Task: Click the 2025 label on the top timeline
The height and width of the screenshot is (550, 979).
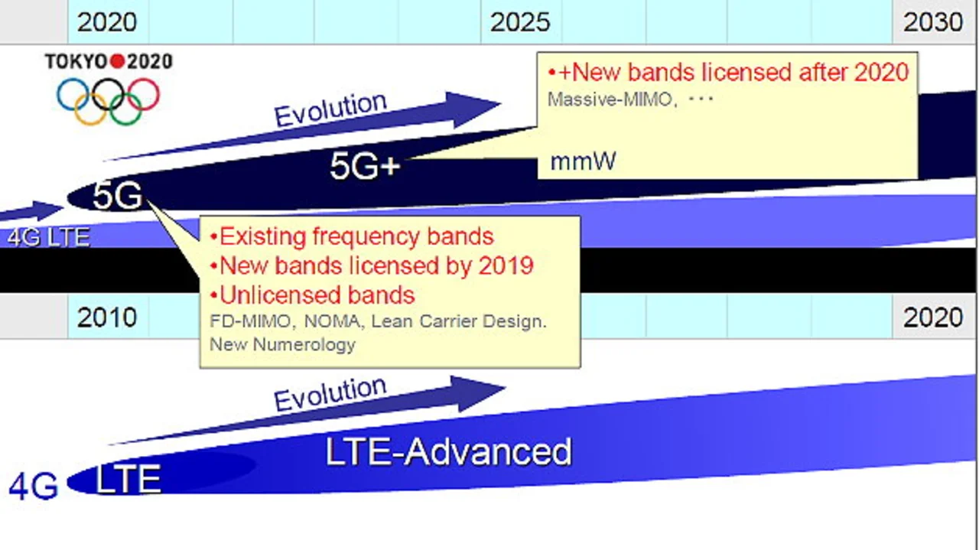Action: (x=519, y=22)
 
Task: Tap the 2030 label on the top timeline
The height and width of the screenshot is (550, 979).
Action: (x=932, y=22)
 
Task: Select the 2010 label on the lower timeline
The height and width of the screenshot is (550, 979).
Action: (x=106, y=317)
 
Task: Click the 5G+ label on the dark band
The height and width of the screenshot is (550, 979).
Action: (x=365, y=166)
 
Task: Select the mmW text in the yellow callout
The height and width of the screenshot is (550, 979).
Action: (x=583, y=161)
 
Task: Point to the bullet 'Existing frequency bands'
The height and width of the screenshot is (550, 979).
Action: (x=352, y=236)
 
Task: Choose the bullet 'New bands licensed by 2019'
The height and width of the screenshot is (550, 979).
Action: (x=372, y=265)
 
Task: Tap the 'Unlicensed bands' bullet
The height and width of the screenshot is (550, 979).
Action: (x=313, y=295)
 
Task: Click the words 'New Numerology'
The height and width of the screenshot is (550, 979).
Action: (x=282, y=344)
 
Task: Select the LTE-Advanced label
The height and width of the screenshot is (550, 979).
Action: (x=449, y=451)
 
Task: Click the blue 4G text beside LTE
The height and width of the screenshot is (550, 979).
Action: (x=33, y=487)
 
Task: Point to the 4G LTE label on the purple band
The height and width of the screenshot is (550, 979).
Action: (x=48, y=237)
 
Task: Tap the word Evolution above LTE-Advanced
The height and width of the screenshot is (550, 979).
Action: (x=330, y=393)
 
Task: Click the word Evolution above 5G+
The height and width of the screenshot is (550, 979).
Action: (x=330, y=109)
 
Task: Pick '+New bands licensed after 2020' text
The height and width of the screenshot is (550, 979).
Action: (x=729, y=72)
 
